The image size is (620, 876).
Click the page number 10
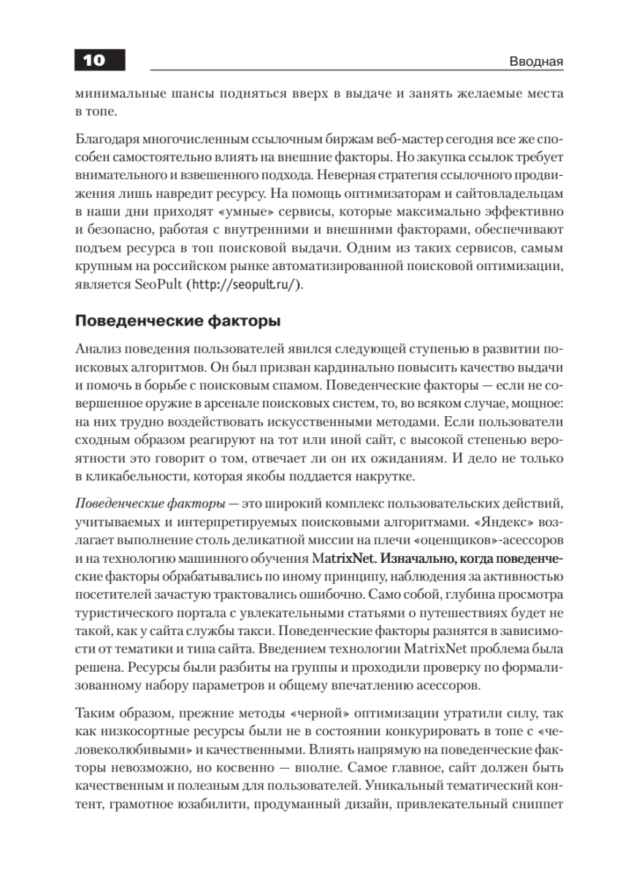(93, 61)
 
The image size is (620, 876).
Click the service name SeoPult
(158, 285)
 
